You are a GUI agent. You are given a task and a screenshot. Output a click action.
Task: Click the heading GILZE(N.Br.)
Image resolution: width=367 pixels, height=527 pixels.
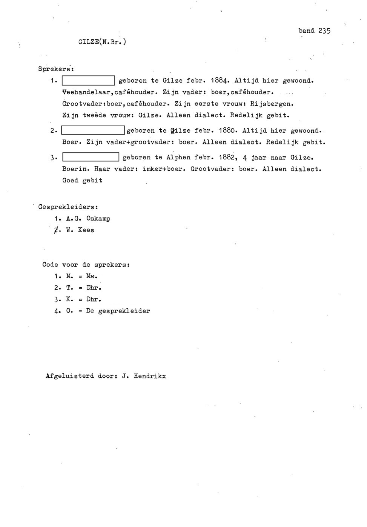click(x=102, y=42)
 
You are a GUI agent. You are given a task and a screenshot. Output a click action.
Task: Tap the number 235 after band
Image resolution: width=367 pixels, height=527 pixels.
click(x=324, y=31)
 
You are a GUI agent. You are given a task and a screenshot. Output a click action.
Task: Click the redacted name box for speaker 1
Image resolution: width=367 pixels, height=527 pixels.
click(x=88, y=81)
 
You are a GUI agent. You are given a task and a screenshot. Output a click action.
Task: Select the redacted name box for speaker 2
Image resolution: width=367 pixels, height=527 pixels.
click(x=93, y=131)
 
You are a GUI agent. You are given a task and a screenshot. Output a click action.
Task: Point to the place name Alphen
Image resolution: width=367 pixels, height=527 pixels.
click(x=178, y=158)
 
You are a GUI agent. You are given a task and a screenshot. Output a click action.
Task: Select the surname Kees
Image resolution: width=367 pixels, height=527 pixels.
click(x=86, y=230)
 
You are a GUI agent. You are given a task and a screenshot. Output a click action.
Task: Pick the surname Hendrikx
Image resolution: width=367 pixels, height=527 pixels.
click(x=150, y=376)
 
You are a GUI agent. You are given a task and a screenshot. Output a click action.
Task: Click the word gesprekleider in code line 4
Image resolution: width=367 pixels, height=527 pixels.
click(x=124, y=311)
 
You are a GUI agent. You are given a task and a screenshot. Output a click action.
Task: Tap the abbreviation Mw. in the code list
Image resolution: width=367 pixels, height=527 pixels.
click(x=92, y=276)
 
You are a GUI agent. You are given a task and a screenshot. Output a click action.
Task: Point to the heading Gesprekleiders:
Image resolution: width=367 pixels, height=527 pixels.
click(x=68, y=207)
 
